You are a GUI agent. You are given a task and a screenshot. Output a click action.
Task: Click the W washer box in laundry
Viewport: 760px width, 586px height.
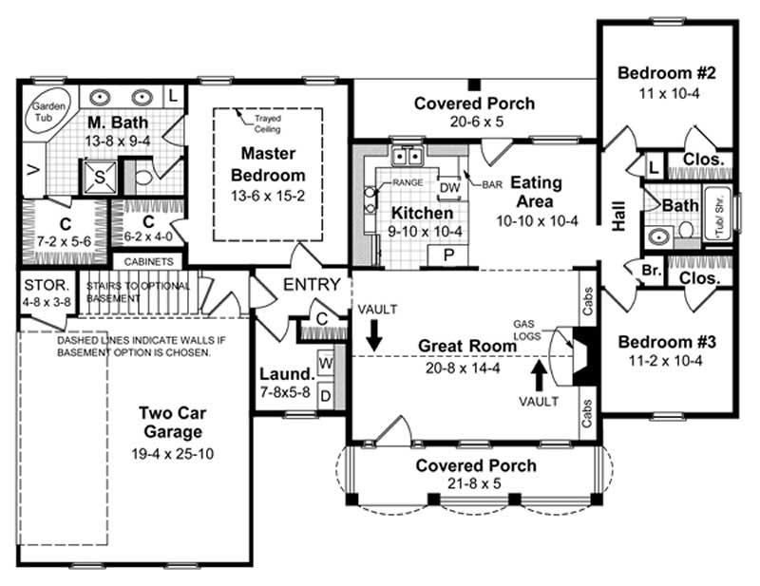[x=326, y=362]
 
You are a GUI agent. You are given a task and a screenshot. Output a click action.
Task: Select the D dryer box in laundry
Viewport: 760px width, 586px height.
[x=326, y=394]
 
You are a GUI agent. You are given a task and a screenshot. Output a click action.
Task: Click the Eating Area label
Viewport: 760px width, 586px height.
[x=538, y=192]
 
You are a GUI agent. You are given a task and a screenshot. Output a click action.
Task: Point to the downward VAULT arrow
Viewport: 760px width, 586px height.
[x=374, y=335]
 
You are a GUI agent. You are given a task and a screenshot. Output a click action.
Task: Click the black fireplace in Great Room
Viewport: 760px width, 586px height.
[x=583, y=354]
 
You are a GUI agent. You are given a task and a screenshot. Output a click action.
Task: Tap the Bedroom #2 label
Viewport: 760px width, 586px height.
[x=665, y=73]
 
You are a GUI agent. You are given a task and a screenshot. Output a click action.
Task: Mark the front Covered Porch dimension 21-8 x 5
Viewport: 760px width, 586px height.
[x=475, y=485]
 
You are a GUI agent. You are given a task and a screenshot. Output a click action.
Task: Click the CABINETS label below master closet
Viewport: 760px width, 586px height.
[x=148, y=261]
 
